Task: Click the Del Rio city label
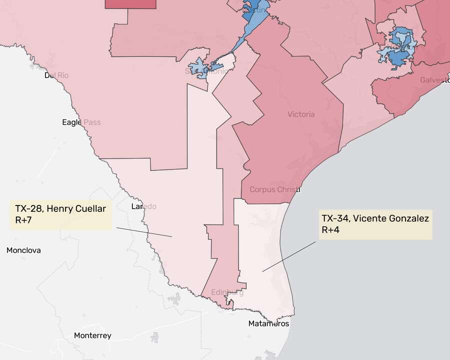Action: (x=56, y=75)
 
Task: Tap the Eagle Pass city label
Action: (x=81, y=122)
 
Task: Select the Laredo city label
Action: (x=143, y=206)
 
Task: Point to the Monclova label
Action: (x=23, y=250)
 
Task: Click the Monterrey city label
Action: (x=92, y=335)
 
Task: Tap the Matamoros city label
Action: (x=268, y=323)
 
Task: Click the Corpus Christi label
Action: (x=274, y=189)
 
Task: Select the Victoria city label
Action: (x=301, y=114)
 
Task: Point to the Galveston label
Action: (x=434, y=80)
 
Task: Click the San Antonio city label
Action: (x=206, y=71)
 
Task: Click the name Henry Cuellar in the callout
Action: (x=76, y=208)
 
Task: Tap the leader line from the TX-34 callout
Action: (x=289, y=256)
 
